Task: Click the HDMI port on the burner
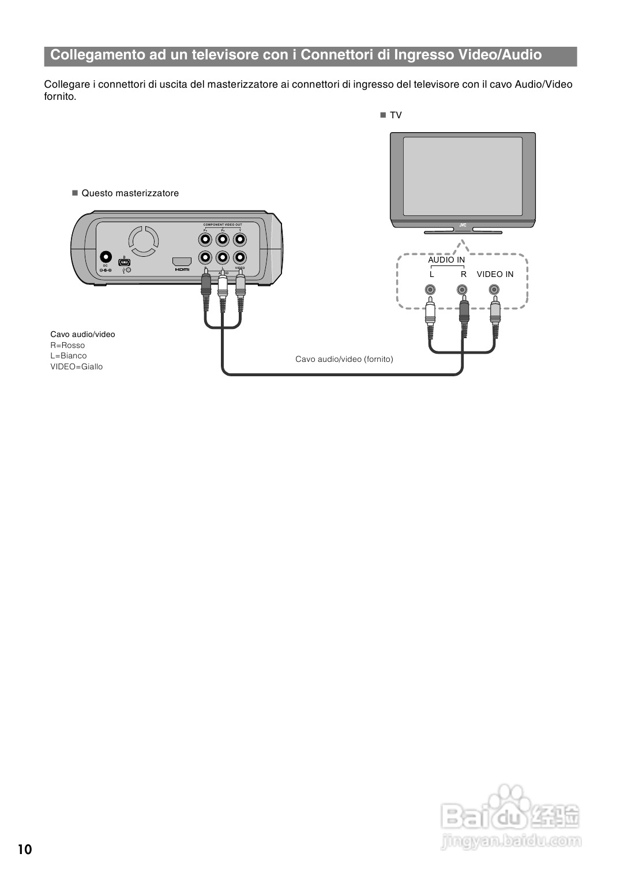[182, 261]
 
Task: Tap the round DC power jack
[106, 257]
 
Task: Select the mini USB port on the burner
[125, 262]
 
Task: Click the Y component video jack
[240, 239]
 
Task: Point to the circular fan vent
[143, 241]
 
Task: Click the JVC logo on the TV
[463, 225]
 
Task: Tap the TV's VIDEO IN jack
[494, 290]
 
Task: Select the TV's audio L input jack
[430, 290]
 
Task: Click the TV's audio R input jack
[463, 290]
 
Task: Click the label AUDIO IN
[446, 260]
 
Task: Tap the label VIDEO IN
[495, 274]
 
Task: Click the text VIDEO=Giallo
[76, 366]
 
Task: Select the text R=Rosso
[67, 345]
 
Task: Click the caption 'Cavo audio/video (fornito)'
[344, 359]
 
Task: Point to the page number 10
[25, 849]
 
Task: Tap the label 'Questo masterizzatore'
[130, 193]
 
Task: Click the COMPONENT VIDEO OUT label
[223, 224]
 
